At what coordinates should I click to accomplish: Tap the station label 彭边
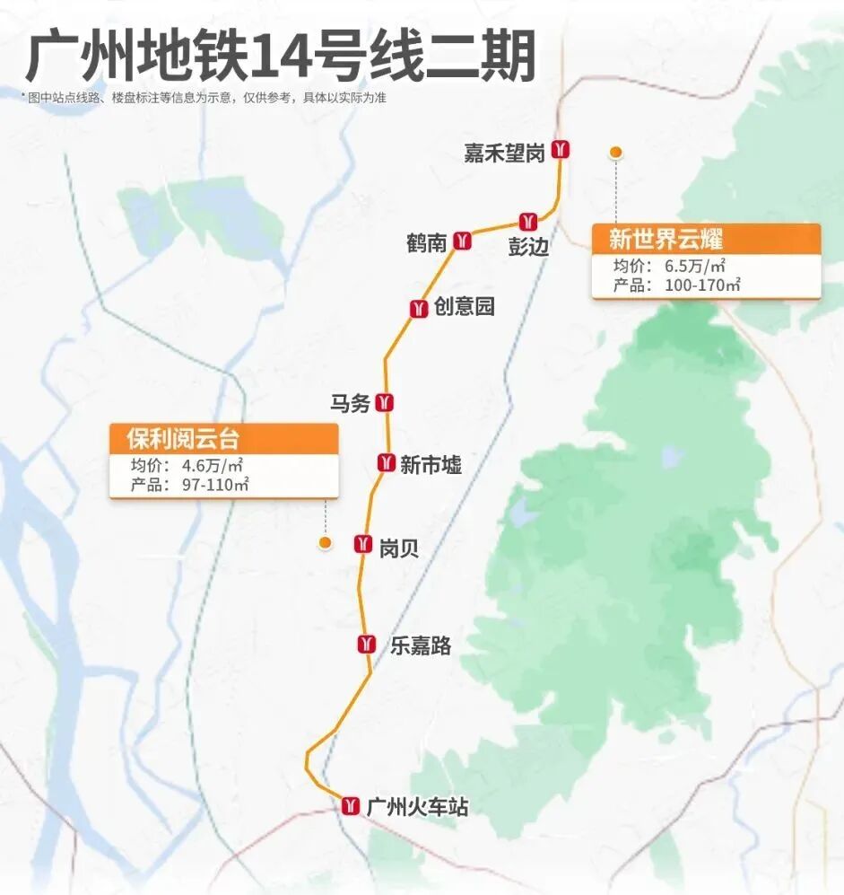click(527, 246)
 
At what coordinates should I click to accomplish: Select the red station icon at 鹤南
click(463, 241)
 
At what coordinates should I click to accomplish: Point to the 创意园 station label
click(465, 307)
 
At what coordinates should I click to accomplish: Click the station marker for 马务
click(387, 402)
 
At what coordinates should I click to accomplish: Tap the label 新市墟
click(431, 464)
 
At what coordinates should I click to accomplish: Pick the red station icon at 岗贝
click(363, 543)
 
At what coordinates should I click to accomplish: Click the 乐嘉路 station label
click(420, 645)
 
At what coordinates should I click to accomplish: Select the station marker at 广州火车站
click(351, 805)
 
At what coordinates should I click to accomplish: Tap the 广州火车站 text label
click(418, 806)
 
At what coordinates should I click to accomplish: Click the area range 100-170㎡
click(702, 285)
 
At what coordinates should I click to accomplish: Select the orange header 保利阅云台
click(183, 439)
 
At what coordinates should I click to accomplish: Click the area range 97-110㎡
click(215, 485)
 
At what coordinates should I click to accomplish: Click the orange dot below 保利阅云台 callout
click(326, 543)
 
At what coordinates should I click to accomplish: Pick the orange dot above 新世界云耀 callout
click(615, 153)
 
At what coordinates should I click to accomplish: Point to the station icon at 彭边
click(527, 221)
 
